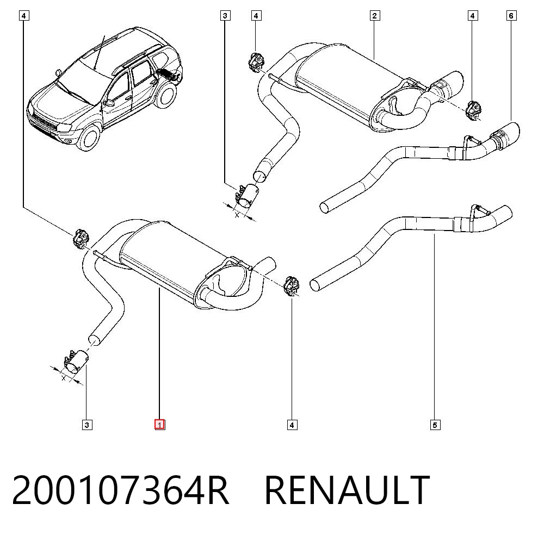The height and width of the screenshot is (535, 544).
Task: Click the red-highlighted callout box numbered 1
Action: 159,425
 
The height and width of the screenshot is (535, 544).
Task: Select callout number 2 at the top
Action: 374,16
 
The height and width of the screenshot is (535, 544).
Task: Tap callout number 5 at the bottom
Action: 435,425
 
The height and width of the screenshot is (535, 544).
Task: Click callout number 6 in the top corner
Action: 511,16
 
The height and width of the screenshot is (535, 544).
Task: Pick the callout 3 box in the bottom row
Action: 87,425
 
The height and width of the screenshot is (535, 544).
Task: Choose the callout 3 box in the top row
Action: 225,16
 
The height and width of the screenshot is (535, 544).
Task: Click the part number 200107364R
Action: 120,490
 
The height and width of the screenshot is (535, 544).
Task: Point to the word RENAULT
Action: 347,490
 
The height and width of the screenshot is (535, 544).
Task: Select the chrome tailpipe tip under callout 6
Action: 505,136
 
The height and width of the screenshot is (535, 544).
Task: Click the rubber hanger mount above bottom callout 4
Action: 292,287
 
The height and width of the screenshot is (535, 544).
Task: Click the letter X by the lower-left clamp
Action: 64,378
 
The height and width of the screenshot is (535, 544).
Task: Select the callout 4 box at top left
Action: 23,16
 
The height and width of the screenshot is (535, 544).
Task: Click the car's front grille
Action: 44,121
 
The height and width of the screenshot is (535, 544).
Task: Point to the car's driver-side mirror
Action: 110,103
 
